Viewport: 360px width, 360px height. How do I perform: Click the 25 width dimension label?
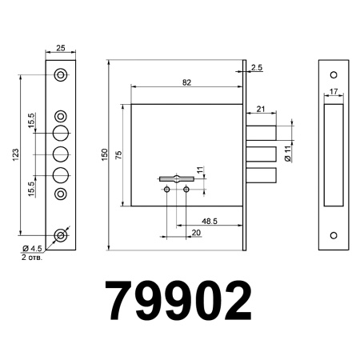tap(61, 49)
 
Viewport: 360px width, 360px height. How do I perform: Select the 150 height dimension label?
tap(104, 154)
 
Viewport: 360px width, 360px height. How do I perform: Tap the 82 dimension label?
tap(186, 82)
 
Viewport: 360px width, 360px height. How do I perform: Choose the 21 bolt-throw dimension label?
tap(262, 109)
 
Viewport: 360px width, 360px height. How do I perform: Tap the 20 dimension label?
tap(195, 232)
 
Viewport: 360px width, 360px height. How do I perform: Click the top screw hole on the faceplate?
tap(61, 75)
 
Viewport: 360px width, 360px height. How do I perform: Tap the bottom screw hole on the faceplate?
tap(61, 236)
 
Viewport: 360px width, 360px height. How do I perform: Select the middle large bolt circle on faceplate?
tap(61, 154)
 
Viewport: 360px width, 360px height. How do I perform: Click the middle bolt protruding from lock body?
tap(261, 154)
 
